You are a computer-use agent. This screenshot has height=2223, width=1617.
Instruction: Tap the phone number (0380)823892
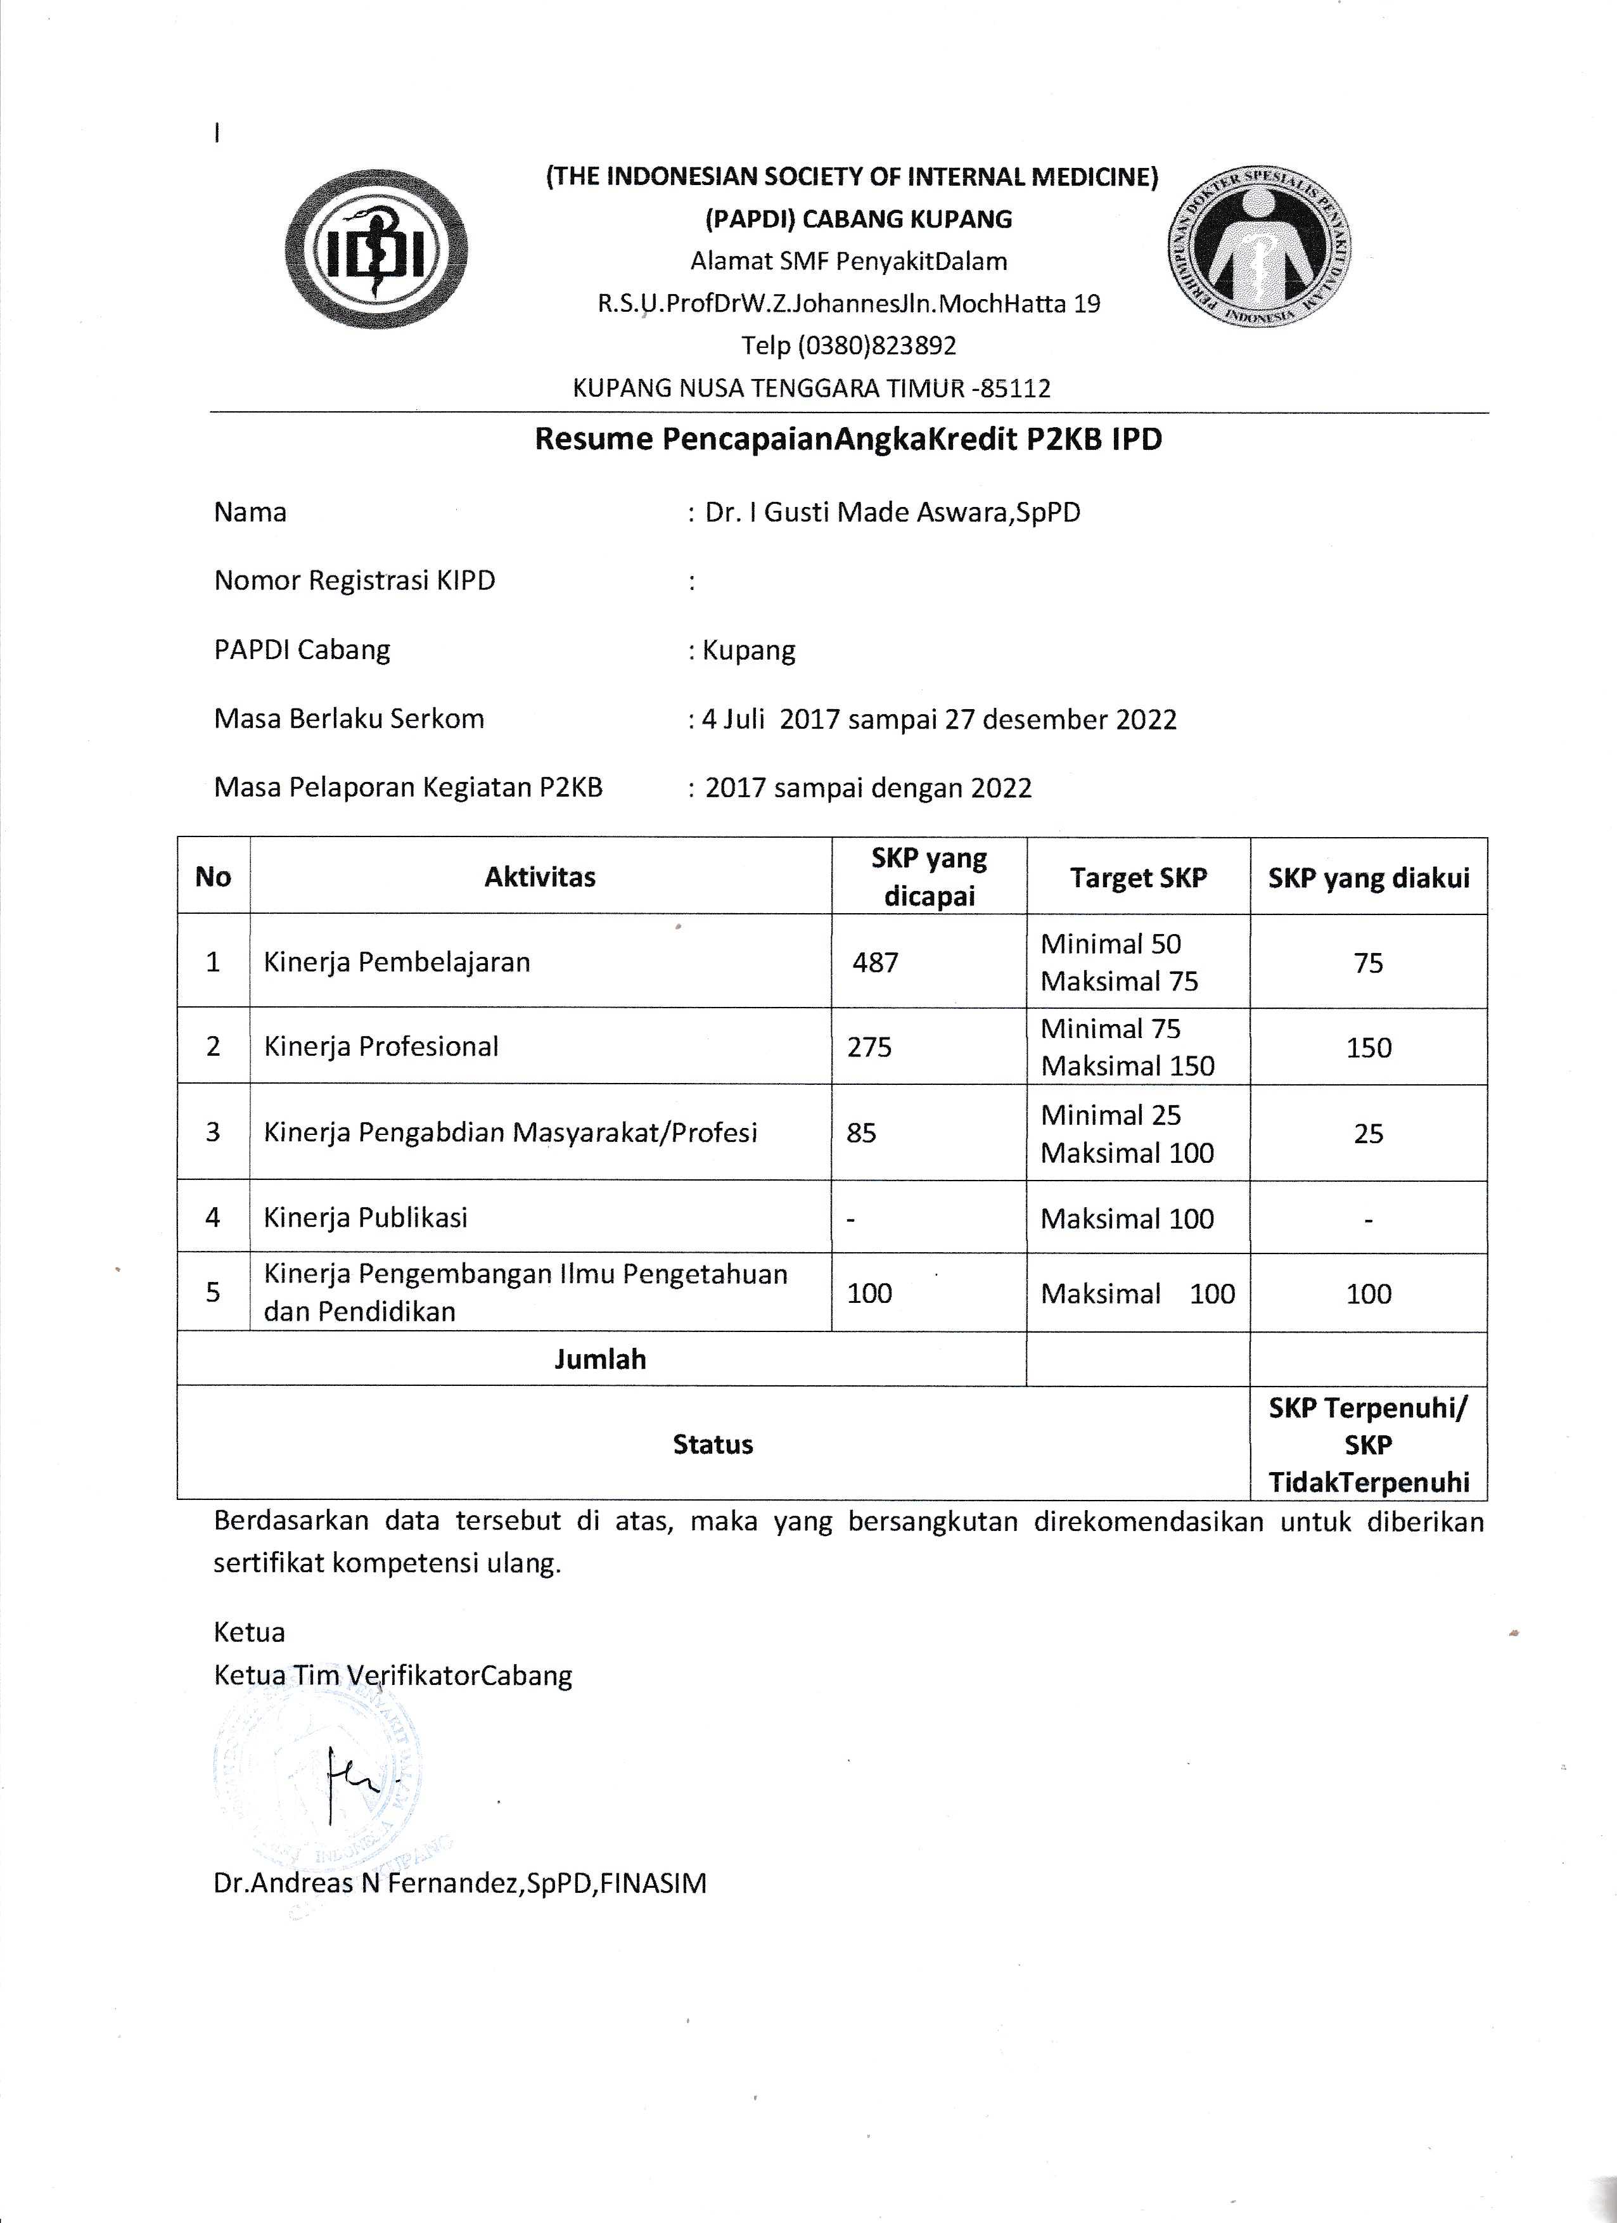pyautogui.click(x=848, y=345)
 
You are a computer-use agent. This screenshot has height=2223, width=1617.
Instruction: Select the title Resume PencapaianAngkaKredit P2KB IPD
pyautogui.click(x=848, y=439)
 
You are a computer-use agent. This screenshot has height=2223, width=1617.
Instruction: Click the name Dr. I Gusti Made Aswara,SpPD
pyautogui.click(x=892, y=513)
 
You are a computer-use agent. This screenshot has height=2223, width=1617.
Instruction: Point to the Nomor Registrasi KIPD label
pyautogui.click(x=355, y=581)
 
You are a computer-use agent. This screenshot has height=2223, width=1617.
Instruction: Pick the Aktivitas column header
pyautogui.click(x=540, y=877)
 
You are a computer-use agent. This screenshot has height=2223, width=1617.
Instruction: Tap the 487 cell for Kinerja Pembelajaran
pyautogui.click(x=875, y=963)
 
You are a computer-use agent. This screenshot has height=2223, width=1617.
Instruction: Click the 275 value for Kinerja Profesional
pyautogui.click(x=869, y=1047)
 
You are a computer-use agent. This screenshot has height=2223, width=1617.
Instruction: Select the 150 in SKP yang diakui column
pyautogui.click(x=1368, y=1047)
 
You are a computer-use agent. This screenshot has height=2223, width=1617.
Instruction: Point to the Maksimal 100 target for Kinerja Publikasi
pyautogui.click(x=1127, y=1219)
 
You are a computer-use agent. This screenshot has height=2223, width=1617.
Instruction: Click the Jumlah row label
pyautogui.click(x=600, y=1359)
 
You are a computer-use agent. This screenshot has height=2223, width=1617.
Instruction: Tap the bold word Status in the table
pyautogui.click(x=712, y=1444)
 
